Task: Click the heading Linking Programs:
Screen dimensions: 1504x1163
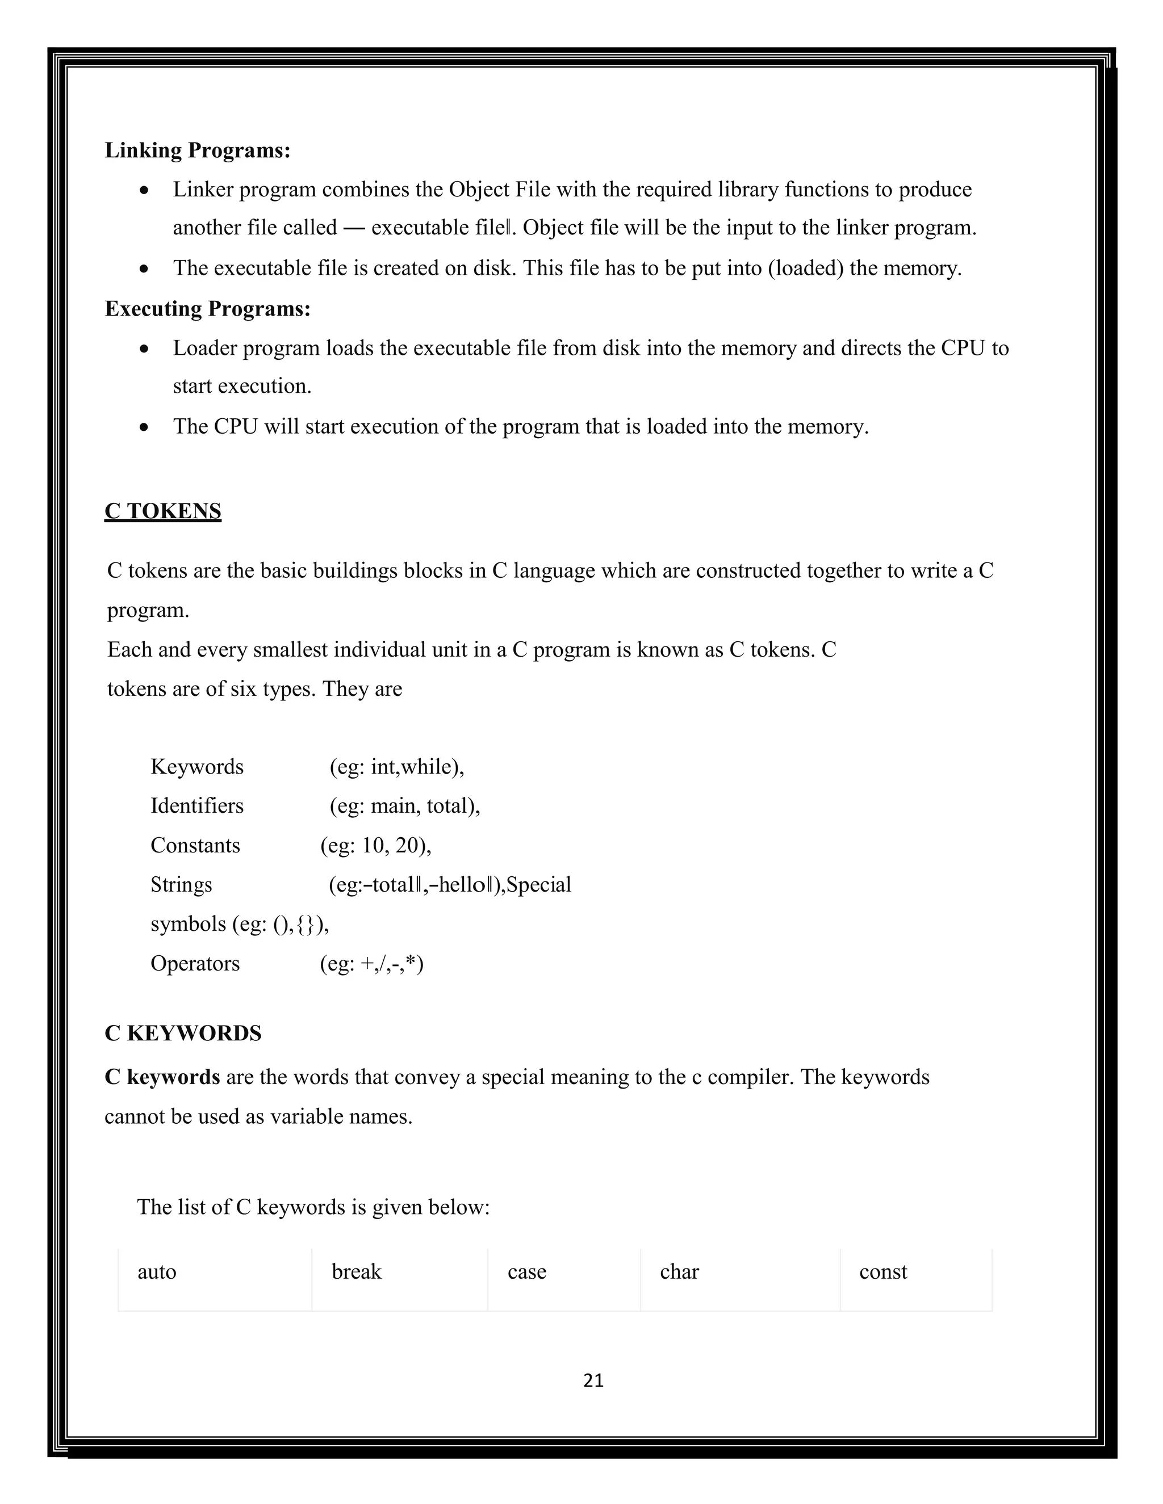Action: [x=197, y=150]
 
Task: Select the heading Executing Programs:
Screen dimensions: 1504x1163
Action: [x=207, y=309]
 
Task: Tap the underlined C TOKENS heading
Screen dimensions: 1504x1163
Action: [x=162, y=511]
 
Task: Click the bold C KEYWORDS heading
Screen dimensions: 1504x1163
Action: [x=183, y=1033]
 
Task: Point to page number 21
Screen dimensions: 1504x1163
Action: [x=593, y=1380]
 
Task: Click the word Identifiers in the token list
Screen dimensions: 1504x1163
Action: [x=197, y=806]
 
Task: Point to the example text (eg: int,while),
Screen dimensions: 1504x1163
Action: [x=396, y=766]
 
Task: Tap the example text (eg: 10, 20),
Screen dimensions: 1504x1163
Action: [x=375, y=845]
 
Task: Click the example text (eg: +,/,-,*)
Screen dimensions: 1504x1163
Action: [x=371, y=963]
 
